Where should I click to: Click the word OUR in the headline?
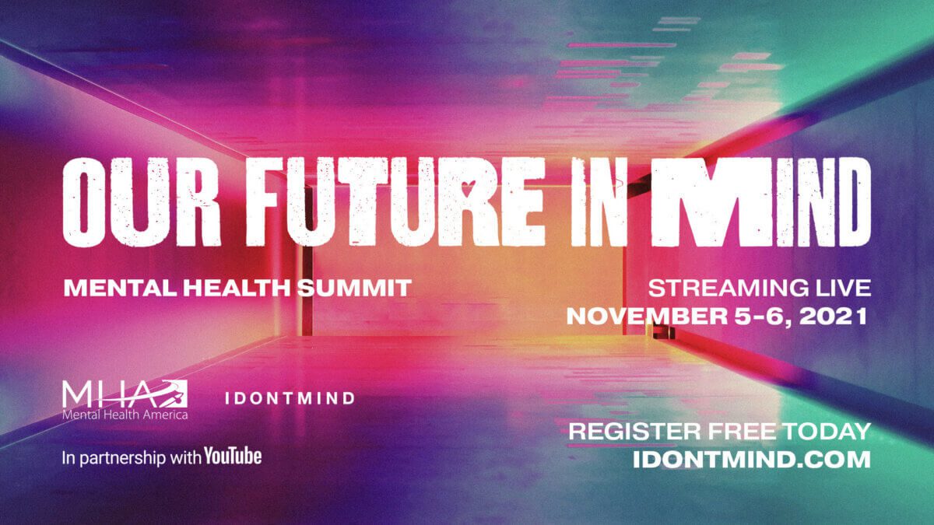[142, 202]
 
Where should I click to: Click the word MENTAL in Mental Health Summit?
[121, 288]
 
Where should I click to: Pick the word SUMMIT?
[354, 288]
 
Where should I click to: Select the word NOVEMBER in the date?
[647, 317]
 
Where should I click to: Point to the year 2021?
[833, 317]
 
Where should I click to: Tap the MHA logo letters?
[125, 394]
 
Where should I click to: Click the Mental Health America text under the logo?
[125, 415]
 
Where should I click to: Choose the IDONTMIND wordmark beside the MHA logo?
[290, 398]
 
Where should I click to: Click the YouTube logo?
[233, 457]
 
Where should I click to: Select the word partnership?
[123, 458]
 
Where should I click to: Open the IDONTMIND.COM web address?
[752, 460]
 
